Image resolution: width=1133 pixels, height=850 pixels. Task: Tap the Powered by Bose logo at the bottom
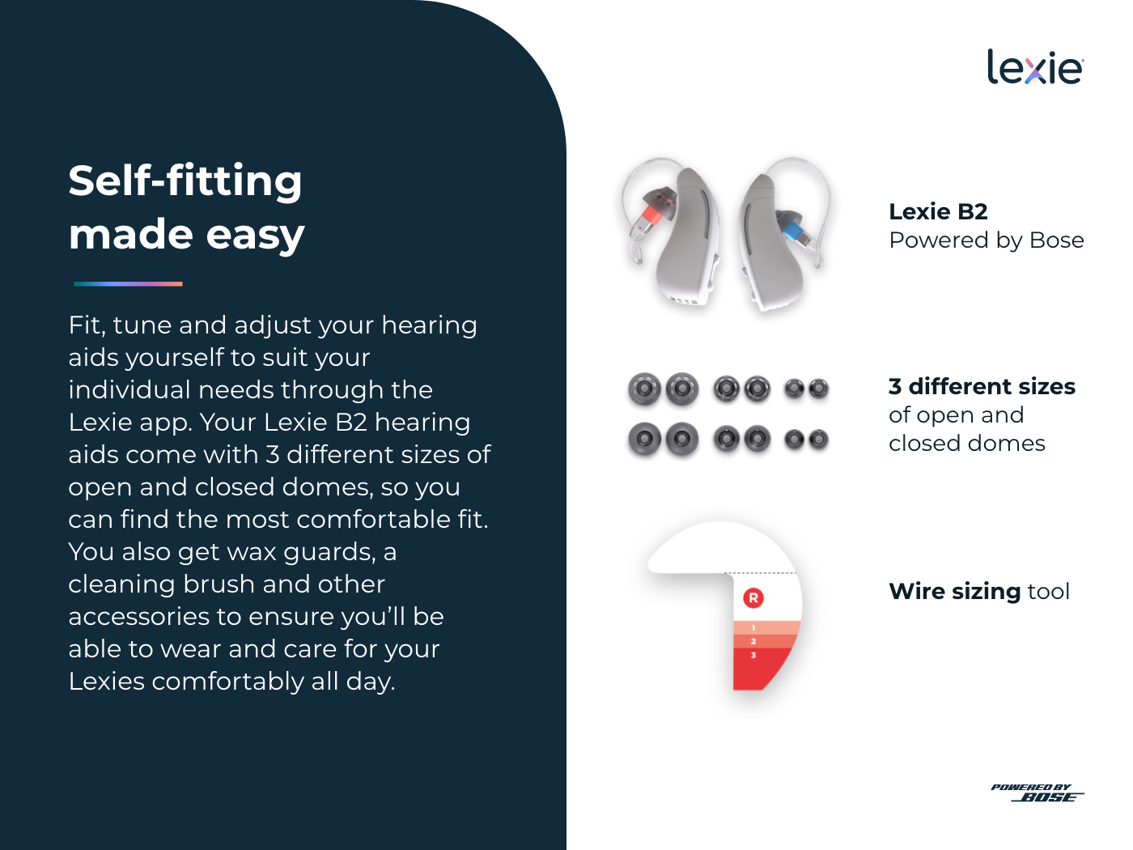1037,793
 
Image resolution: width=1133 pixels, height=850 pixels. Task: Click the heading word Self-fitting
185,181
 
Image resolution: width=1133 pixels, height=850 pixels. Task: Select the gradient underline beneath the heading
128,284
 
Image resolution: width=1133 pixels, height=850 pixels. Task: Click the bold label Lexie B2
938,211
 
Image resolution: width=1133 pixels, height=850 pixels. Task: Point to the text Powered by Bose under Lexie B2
987,240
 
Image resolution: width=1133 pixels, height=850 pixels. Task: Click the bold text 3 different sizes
982,387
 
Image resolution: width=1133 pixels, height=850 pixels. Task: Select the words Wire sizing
954,592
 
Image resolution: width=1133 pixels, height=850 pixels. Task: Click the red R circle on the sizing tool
753,598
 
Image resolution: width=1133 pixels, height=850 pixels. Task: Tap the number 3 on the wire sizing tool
753,656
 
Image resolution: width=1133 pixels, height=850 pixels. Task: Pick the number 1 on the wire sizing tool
753,627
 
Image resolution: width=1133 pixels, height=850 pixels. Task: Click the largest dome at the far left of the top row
644,388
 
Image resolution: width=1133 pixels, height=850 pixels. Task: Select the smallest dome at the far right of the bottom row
818,440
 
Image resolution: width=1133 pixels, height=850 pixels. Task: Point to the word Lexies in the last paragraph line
107,682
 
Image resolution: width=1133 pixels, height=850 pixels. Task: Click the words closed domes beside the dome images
967,444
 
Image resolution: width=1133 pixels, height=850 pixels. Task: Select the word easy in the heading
255,236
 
